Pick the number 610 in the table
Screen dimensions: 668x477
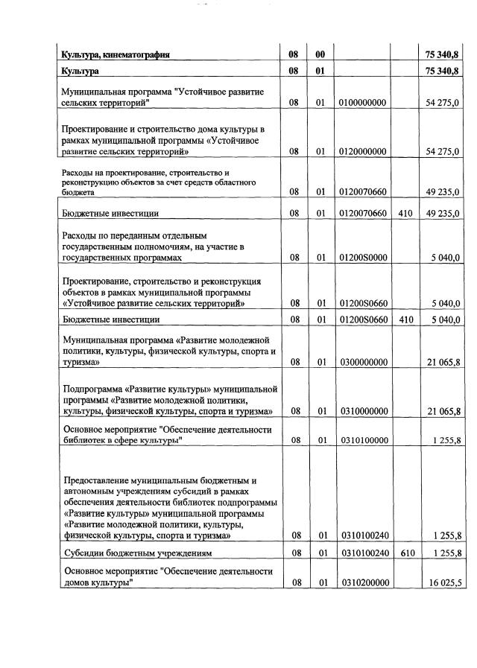tap(406, 553)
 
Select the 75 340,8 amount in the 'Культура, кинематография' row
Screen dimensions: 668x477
tap(442, 54)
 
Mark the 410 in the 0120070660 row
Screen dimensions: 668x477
tap(406, 214)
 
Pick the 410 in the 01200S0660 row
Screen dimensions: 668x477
tap(406, 320)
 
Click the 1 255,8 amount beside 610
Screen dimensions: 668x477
tap(445, 553)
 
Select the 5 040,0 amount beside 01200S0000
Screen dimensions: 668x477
tap(445, 258)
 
